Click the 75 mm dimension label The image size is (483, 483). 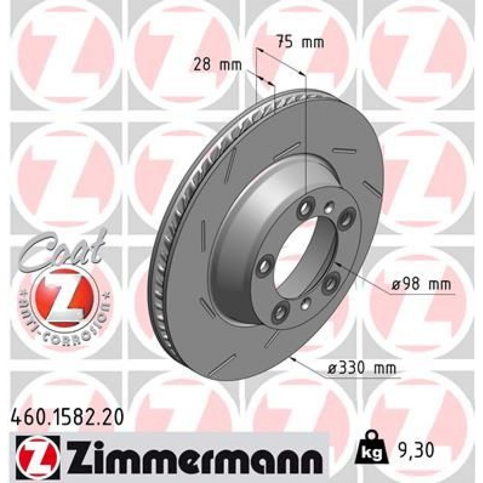pyautogui.click(x=299, y=42)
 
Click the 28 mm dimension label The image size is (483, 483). pyautogui.click(x=216, y=65)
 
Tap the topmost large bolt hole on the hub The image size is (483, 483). pyautogui.click(x=305, y=208)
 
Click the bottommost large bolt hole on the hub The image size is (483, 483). pyautogui.click(x=279, y=314)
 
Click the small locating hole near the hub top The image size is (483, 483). pyautogui.click(x=329, y=208)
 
